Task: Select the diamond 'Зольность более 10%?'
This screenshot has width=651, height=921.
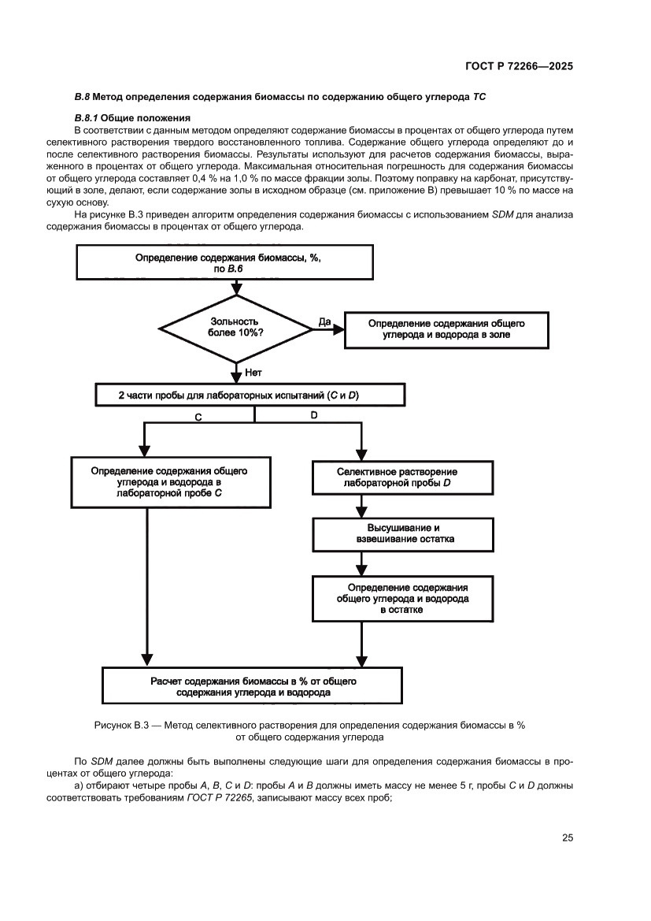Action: tap(236, 327)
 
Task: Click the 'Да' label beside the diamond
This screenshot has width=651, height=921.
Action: tap(324, 321)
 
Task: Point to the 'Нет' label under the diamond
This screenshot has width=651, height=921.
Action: tap(253, 371)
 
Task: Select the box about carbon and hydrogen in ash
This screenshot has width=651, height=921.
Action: tap(446, 329)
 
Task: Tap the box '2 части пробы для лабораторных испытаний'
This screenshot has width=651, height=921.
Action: tap(244, 395)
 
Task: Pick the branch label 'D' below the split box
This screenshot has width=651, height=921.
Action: tap(313, 415)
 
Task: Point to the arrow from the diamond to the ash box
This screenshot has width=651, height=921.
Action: tap(331, 329)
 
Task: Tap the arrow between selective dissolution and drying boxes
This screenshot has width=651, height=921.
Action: tap(361, 506)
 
